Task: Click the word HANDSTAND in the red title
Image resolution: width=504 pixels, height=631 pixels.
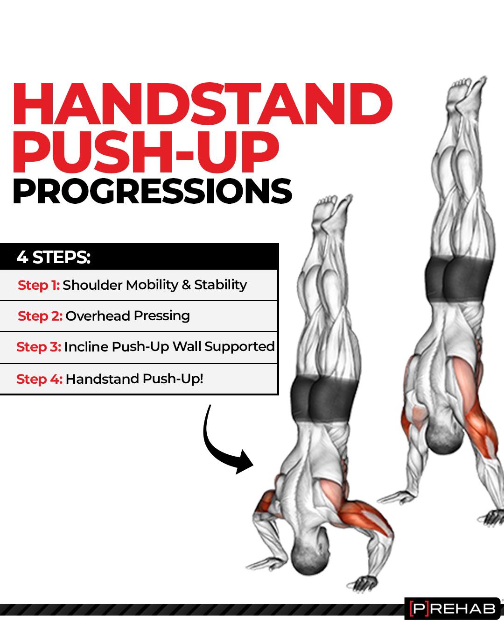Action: (x=203, y=104)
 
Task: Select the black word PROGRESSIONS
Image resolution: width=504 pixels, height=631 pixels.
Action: (x=152, y=191)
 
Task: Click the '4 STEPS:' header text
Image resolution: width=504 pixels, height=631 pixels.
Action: (x=54, y=257)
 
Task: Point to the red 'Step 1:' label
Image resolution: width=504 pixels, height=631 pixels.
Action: (x=39, y=285)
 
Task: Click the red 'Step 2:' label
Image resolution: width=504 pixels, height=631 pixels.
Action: (x=40, y=316)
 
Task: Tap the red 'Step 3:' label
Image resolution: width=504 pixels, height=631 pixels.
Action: (x=39, y=347)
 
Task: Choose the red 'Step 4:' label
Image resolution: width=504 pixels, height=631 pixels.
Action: (x=40, y=379)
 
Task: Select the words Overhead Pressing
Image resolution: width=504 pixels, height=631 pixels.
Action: (x=128, y=316)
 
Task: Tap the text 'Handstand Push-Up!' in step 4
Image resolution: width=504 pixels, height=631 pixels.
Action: (x=134, y=379)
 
